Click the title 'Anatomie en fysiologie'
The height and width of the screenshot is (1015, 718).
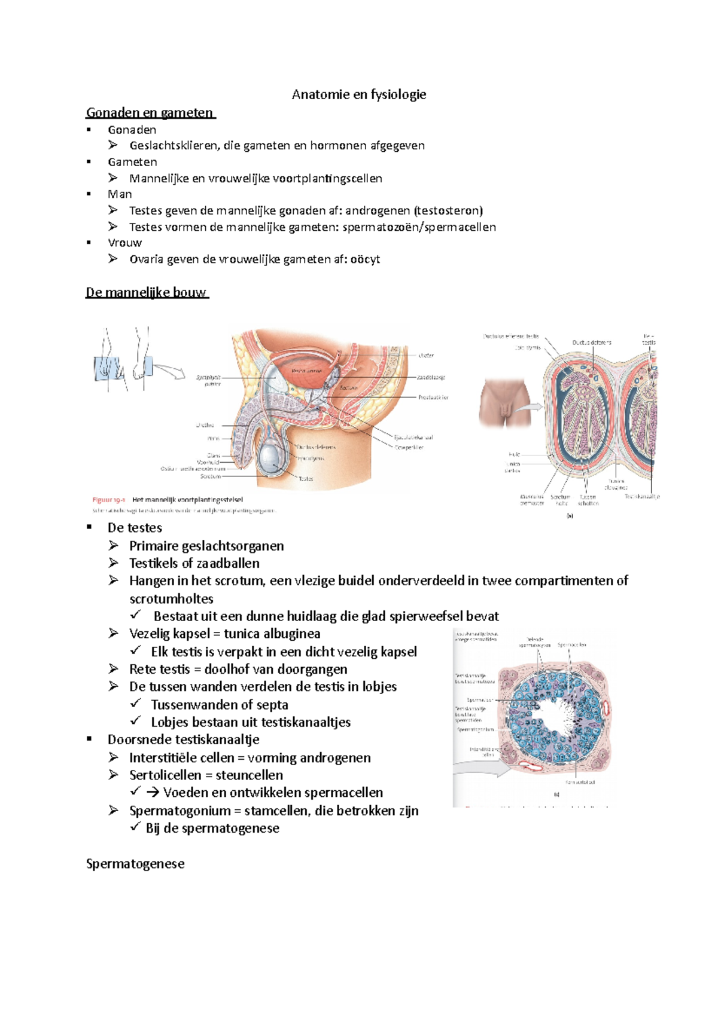click(x=359, y=94)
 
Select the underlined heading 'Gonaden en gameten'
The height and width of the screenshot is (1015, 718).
click(x=150, y=112)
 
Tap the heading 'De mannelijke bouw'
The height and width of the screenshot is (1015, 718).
click(x=146, y=292)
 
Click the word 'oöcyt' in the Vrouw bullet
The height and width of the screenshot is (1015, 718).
click(x=365, y=259)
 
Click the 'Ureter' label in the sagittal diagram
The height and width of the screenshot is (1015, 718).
click(x=426, y=355)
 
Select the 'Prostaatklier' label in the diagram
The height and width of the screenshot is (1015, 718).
click(x=433, y=397)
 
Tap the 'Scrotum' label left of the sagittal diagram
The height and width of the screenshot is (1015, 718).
click(x=211, y=476)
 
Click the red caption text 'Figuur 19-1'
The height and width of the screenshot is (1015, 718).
click(x=108, y=500)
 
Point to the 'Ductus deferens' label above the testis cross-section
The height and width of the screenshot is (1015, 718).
click(x=592, y=343)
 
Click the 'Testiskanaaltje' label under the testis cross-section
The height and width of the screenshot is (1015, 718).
click(x=642, y=497)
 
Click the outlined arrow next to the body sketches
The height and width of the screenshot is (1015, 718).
click(x=169, y=371)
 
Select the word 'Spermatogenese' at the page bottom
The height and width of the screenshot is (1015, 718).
click(x=135, y=864)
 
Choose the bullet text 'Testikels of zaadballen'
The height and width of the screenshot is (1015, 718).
click(x=194, y=563)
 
